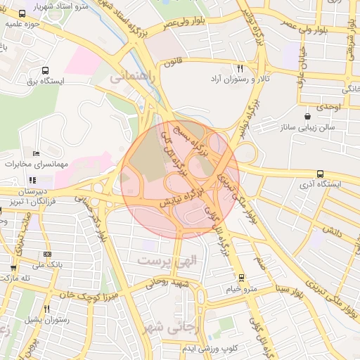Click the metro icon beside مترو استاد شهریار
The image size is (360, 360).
click(22, 13)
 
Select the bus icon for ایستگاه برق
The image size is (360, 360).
click(46, 70)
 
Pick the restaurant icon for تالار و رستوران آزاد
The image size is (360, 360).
click(240, 69)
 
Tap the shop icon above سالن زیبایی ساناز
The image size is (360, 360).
click(307, 117)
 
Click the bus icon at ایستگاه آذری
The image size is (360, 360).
click(321, 174)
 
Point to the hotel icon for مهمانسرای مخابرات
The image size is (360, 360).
click(36, 153)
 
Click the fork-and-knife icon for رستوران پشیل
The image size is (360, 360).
click(47, 309)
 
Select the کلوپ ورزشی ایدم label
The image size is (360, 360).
click(210, 349)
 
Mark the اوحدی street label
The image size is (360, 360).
click(328, 106)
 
